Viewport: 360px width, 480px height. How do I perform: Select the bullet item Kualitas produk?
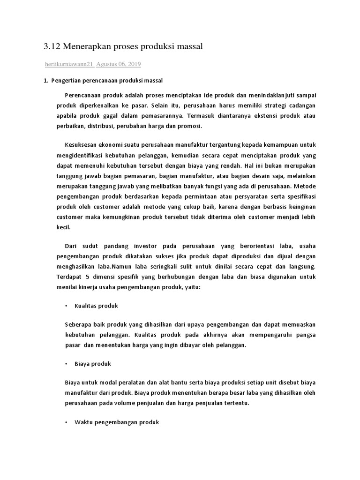pos(96,306)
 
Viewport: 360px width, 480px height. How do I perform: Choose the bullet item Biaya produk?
pos(92,363)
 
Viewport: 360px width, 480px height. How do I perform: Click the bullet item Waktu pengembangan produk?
pos(117,422)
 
